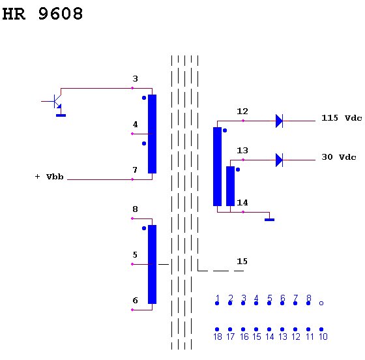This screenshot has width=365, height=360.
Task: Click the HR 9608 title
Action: tap(42, 14)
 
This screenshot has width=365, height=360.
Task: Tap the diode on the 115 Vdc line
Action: tap(279, 121)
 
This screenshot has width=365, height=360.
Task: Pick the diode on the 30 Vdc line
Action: tap(279, 160)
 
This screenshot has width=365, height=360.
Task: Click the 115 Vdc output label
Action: tap(342, 118)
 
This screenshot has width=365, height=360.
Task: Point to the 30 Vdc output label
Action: tap(339, 157)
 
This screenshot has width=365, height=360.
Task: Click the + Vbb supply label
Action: tap(49, 177)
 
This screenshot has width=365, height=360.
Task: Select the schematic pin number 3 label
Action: tap(136, 79)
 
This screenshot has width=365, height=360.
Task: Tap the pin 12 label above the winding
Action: tap(242, 112)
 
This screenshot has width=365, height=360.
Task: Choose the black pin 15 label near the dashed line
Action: tap(242, 262)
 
